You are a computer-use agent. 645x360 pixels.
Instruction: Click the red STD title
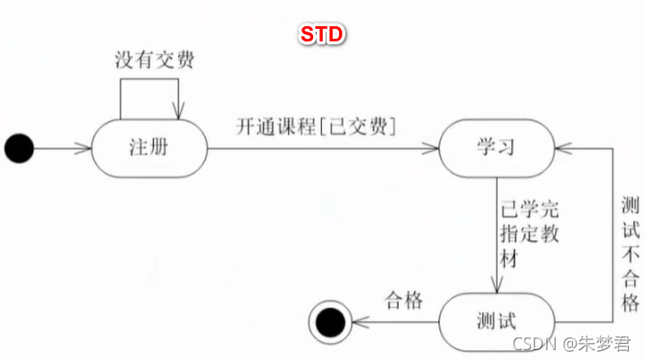[x=322, y=34]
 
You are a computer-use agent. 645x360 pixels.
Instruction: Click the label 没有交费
[x=154, y=61]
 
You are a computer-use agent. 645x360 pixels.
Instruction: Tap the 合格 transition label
[x=403, y=299]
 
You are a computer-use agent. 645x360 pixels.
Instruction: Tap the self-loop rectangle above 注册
[x=149, y=81]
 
